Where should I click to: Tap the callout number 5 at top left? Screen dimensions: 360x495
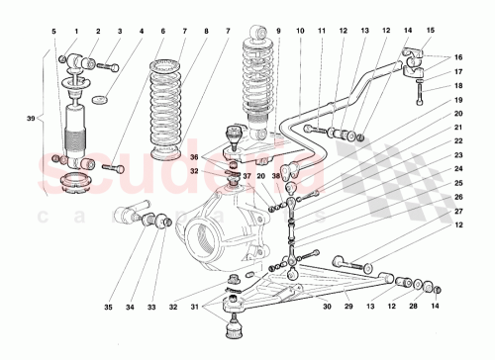(x=53, y=32)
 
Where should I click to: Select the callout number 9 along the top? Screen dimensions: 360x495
(x=278, y=32)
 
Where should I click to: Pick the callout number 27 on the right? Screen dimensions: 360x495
(x=459, y=211)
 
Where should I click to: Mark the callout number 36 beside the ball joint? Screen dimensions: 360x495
(x=194, y=156)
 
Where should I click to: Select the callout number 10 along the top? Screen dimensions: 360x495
(x=300, y=32)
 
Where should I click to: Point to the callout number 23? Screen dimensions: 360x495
(x=459, y=155)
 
